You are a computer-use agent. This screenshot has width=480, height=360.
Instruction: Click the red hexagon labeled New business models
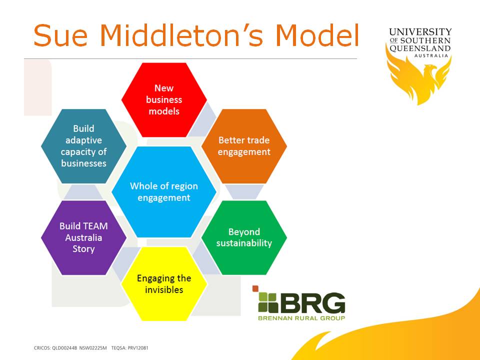pyautogui.click(x=164, y=99)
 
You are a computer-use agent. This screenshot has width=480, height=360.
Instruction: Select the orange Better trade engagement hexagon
pyautogui.click(x=244, y=146)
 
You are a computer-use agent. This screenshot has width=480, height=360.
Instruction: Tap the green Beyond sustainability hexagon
pyautogui.click(x=244, y=237)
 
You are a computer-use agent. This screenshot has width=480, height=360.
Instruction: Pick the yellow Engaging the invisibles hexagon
pyautogui.click(x=164, y=283)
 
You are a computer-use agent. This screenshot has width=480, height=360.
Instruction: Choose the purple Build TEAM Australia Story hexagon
pyautogui.click(x=83, y=237)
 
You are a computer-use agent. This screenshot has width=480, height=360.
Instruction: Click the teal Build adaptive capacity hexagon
pyautogui.click(x=83, y=146)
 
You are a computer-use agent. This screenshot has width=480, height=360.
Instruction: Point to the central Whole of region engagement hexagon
pyautogui.click(x=164, y=191)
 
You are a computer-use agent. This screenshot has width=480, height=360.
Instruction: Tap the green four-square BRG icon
pyautogui.click(x=268, y=302)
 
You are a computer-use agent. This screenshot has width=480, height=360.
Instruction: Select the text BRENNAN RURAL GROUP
pyautogui.click(x=301, y=317)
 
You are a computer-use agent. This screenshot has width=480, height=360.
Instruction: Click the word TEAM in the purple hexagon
pyautogui.click(x=95, y=226)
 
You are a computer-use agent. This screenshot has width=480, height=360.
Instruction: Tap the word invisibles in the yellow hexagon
pyautogui.click(x=164, y=290)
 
